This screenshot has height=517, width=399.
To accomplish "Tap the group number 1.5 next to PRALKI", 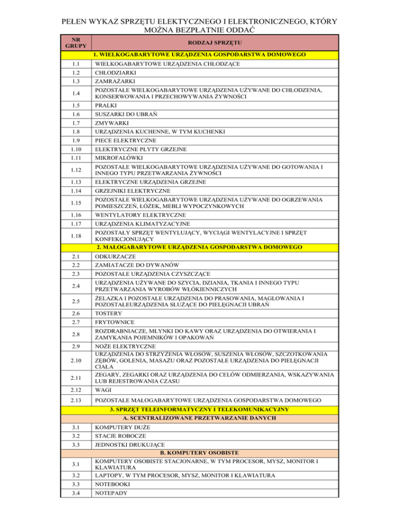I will (x=76, y=104).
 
